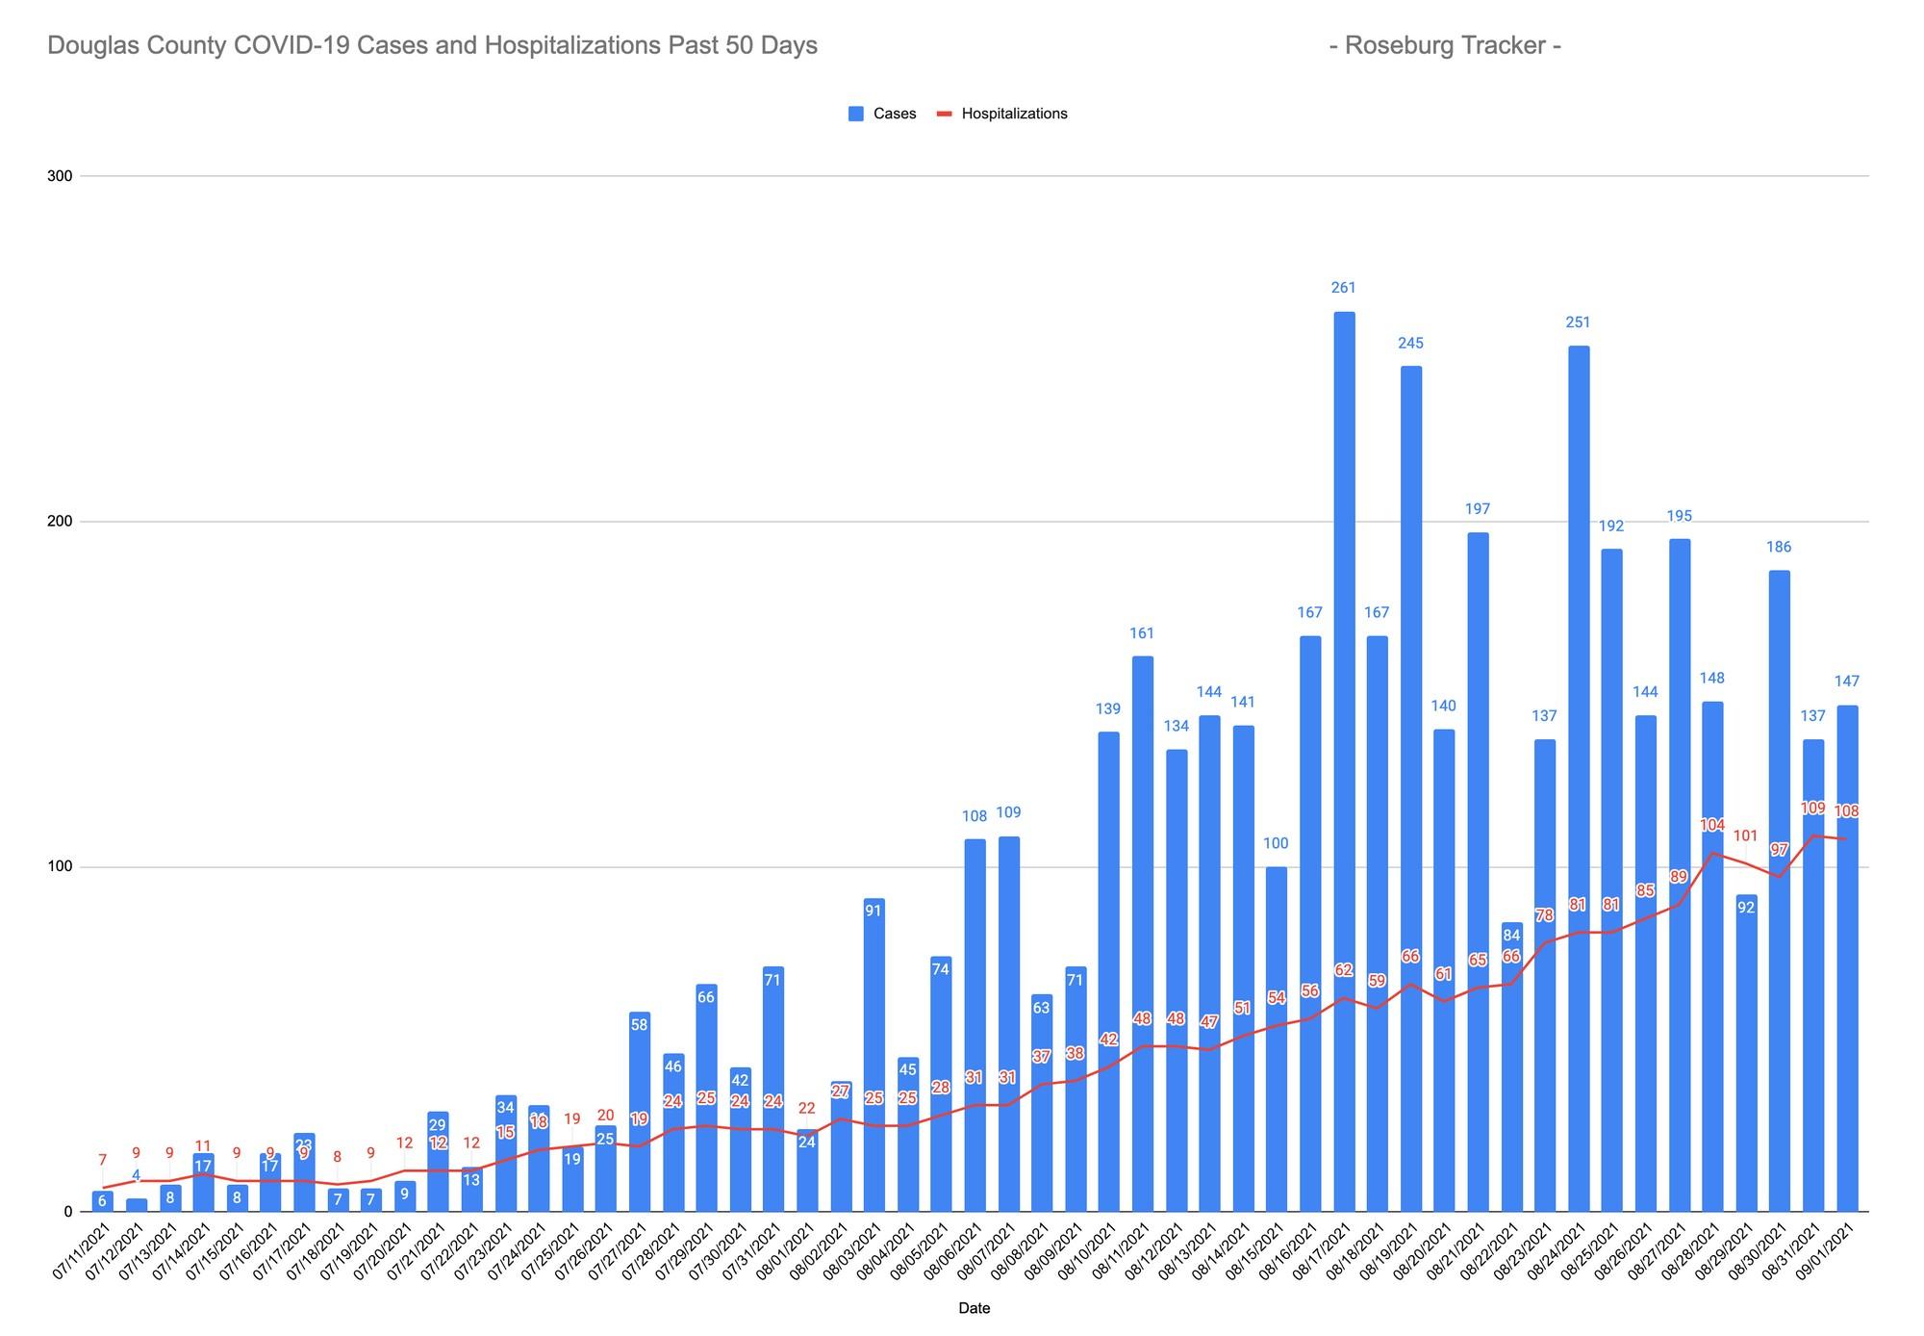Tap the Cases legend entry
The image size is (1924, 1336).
pyautogui.click(x=882, y=114)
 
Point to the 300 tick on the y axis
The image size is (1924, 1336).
pyautogui.click(x=60, y=176)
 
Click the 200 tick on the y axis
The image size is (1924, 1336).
pyautogui.click(x=60, y=522)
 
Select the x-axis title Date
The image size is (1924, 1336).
pyautogui.click(x=974, y=1308)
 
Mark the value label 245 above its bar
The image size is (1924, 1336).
pyautogui.click(x=1410, y=343)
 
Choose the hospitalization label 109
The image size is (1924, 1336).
pyautogui.click(x=1812, y=809)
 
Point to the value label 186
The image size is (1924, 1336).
pyautogui.click(x=1779, y=547)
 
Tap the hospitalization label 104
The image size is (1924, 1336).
pyautogui.click(x=1712, y=825)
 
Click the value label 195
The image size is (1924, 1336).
pyautogui.click(x=1679, y=516)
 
